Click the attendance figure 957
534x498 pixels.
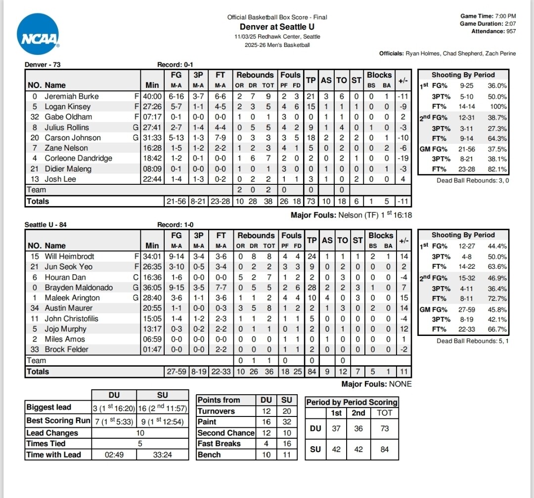509,31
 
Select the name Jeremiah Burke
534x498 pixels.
72,96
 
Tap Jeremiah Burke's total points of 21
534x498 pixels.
311,96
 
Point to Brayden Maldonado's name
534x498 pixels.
79,288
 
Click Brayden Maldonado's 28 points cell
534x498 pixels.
311,288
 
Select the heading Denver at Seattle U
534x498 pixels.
277,27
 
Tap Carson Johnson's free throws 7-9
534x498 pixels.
220,138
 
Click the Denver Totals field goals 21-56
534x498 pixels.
176,201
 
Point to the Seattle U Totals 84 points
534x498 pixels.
311,372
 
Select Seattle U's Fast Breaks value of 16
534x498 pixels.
286,444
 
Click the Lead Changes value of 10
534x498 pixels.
140,433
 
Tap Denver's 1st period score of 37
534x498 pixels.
336,428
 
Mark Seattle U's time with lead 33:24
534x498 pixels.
162,455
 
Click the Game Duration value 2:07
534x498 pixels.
510,24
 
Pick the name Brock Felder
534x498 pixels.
67,349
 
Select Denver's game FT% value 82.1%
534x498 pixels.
496,169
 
